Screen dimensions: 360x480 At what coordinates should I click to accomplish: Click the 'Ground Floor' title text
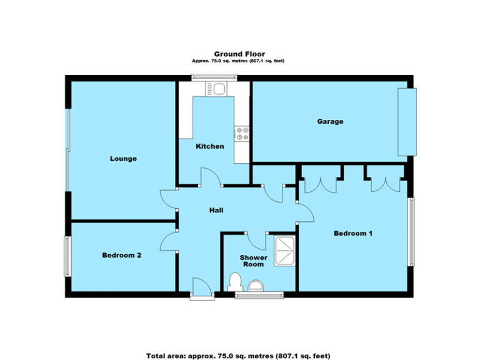pos(239,54)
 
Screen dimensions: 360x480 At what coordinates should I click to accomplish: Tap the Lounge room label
pos(123,159)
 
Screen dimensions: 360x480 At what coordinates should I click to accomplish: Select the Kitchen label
pos(210,146)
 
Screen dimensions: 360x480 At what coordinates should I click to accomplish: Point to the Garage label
pos(329,121)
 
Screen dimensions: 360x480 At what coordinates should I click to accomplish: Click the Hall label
pos(216,210)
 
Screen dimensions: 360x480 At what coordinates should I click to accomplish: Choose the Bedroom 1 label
pos(353,234)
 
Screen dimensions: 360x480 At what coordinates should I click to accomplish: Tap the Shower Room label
pos(254,261)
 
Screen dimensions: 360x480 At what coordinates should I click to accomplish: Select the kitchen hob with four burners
pos(242,134)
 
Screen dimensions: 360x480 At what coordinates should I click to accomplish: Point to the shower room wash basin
pos(256,286)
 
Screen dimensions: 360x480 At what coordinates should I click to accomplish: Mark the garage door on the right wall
pos(406,122)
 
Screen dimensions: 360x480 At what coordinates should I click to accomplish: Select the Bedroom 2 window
pos(66,256)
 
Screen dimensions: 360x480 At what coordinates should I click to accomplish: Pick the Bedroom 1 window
pos(411,232)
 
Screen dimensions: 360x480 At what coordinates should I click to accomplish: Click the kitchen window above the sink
pos(214,77)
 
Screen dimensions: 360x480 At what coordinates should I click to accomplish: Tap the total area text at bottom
pos(238,356)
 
